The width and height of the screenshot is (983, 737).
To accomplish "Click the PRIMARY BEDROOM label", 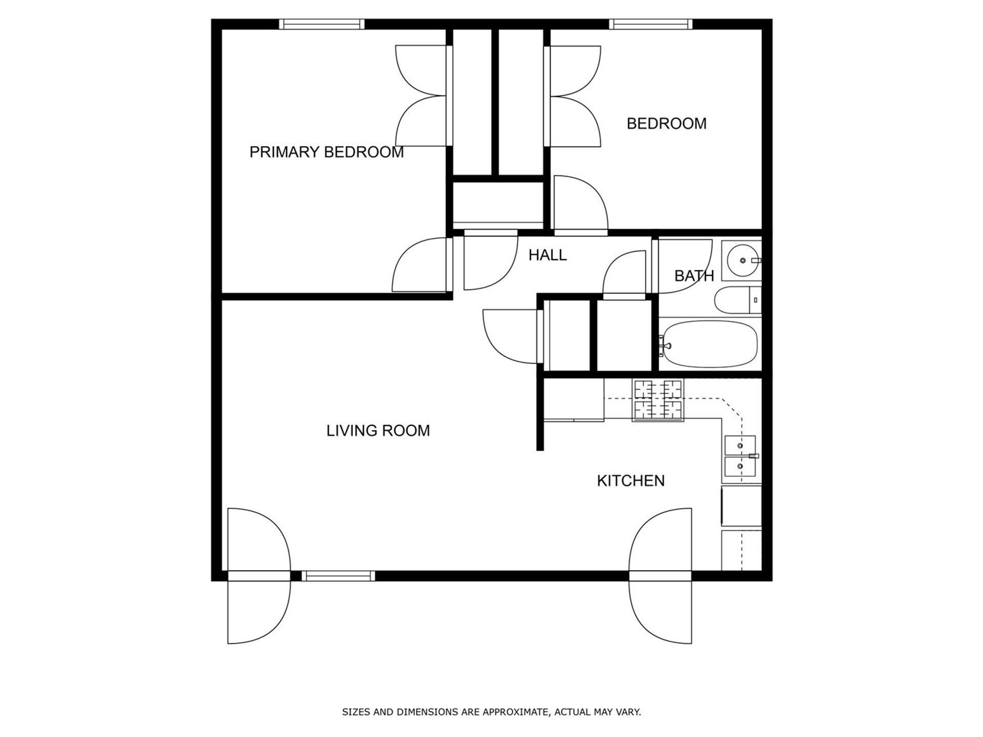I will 326,152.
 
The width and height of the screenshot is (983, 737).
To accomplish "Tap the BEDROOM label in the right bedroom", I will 666,123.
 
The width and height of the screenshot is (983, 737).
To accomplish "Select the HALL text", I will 547,255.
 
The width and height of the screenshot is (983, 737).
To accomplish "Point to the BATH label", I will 694,276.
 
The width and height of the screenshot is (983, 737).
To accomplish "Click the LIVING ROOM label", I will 378,430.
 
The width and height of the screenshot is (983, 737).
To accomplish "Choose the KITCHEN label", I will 630,481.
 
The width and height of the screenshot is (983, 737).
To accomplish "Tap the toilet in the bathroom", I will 737,300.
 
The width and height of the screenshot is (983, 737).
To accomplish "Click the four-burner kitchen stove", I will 658,400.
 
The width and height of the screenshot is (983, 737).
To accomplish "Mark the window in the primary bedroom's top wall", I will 322,24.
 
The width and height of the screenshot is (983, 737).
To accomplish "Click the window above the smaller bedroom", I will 650,24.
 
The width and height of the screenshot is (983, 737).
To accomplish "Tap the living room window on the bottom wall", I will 338,576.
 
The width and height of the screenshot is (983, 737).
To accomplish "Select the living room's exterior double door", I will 259,576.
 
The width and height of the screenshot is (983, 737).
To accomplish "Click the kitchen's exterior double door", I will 660,576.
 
